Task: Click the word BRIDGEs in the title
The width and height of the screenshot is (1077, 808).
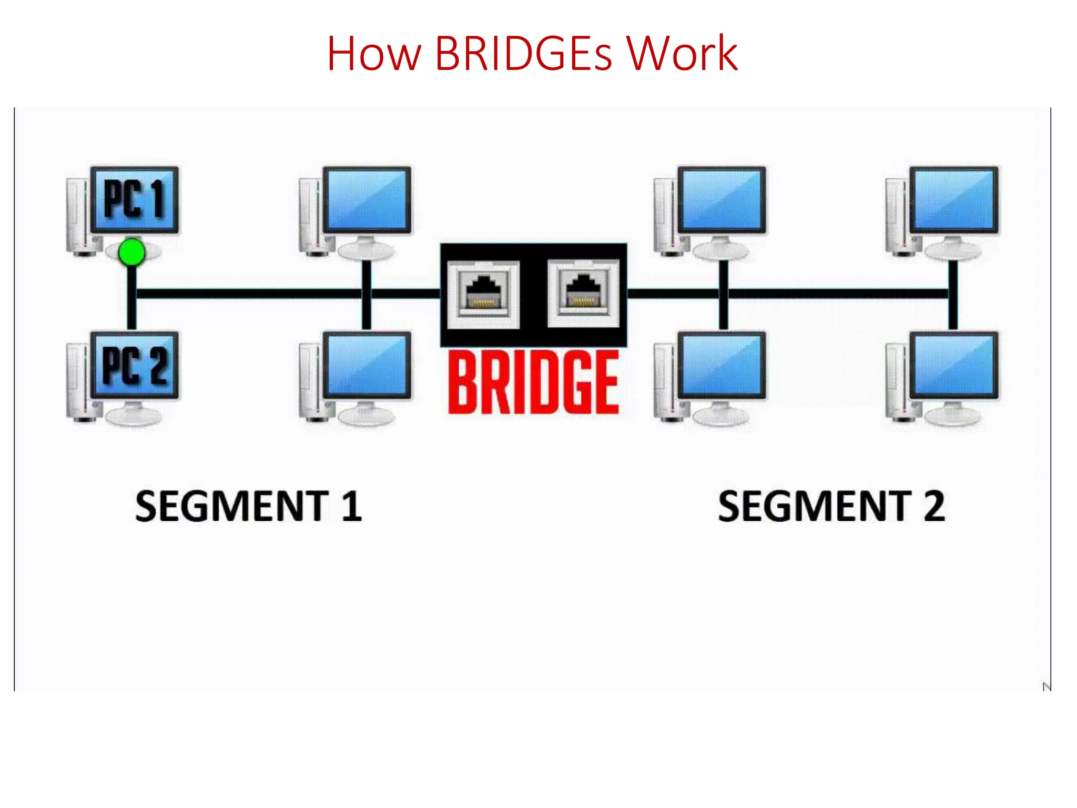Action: click(523, 54)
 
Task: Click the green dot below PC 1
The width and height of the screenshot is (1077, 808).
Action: click(131, 252)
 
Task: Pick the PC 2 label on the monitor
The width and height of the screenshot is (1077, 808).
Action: click(135, 365)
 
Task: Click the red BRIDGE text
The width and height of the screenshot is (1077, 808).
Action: click(533, 382)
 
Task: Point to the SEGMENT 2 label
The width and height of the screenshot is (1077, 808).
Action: click(831, 506)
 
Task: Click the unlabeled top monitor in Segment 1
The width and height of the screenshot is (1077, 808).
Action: click(367, 200)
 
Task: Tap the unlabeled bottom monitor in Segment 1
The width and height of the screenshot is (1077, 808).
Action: click(367, 365)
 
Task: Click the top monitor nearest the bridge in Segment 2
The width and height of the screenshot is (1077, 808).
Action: click(721, 200)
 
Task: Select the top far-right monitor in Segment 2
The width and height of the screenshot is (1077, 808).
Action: click(953, 200)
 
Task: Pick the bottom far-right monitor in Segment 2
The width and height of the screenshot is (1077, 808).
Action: click(953, 365)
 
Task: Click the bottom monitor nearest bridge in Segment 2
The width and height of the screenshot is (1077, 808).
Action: click(721, 365)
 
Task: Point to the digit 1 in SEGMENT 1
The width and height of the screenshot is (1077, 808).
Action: click(351, 506)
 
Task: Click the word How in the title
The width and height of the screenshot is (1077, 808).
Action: click(373, 54)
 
